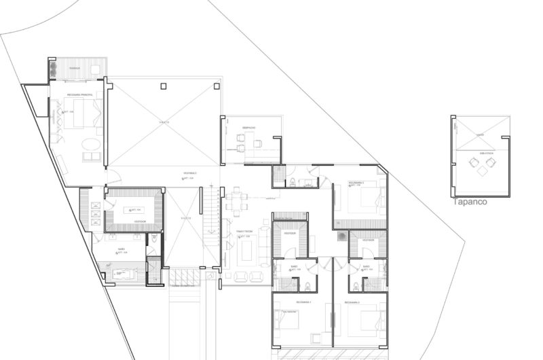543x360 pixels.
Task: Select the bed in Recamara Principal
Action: (x=81, y=112)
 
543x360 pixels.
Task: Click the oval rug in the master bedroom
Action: (x=90, y=144)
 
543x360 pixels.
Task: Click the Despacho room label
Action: (x=248, y=128)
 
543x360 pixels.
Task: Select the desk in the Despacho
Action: (x=259, y=143)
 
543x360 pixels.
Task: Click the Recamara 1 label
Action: (x=303, y=301)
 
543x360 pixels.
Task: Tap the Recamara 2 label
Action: (x=352, y=301)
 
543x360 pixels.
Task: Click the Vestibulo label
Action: (x=190, y=173)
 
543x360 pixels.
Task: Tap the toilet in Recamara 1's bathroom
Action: (x=309, y=283)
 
